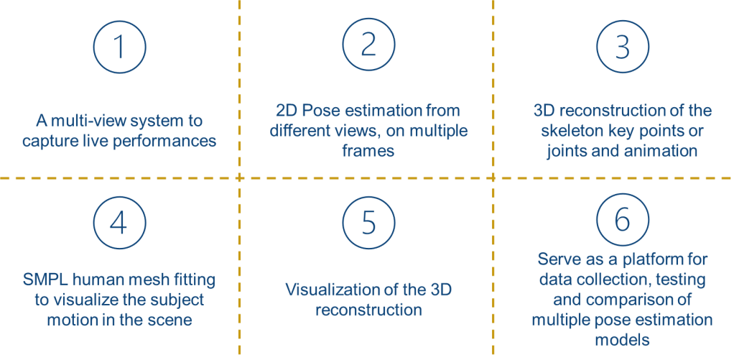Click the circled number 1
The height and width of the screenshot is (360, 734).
point(119,47)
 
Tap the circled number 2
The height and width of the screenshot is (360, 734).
point(368,47)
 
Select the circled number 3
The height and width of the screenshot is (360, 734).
point(622,47)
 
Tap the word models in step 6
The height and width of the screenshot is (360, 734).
point(622,338)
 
